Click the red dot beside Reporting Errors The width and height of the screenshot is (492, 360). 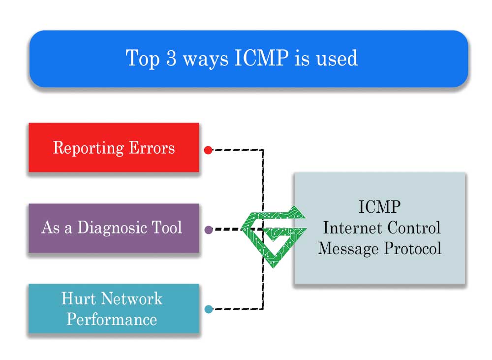click(x=208, y=150)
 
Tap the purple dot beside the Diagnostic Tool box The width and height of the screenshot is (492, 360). click(x=208, y=229)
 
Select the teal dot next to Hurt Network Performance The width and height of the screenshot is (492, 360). click(x=208, y=309)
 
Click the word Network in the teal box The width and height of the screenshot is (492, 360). click(x=131, y=298)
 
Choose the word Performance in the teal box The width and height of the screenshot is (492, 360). click(x=112, y=319)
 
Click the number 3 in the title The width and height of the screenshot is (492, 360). click(x=171, y=58)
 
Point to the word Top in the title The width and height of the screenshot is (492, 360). click(x=143, y=58)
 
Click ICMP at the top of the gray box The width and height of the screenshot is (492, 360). click(x=379, y=207)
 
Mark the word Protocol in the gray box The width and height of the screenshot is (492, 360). click(x=412, y=248)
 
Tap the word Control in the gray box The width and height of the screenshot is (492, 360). click(x=414, y=228)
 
